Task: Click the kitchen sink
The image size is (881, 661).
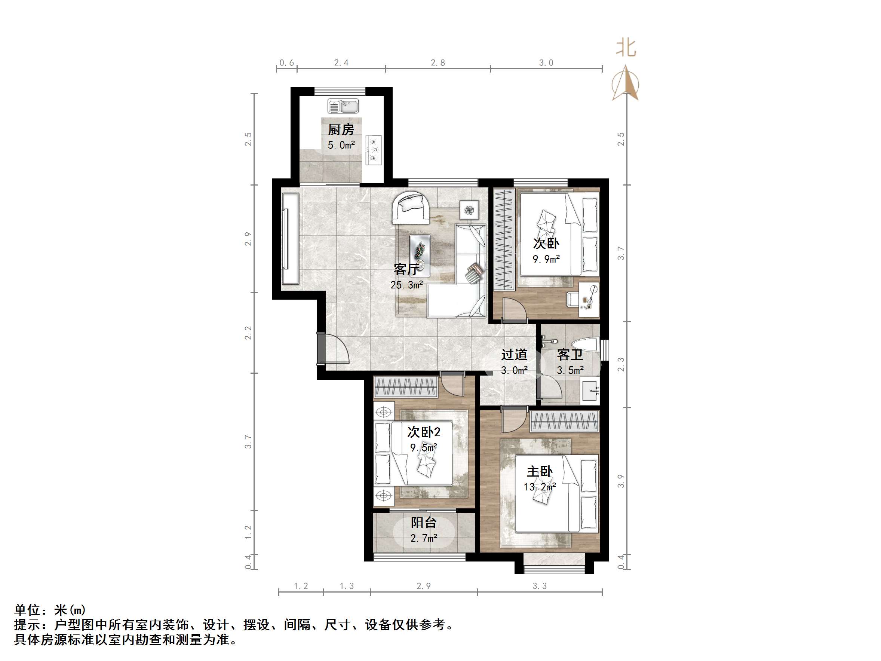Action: point(343,106)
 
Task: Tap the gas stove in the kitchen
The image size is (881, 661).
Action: point(374,150)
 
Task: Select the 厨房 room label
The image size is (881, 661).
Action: point(341,129)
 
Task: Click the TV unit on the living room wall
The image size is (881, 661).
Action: point(290,239)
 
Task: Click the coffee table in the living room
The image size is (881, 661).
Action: point(420,255)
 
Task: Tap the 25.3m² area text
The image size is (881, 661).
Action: point(406,285)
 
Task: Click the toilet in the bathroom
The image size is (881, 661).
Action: point(586,344)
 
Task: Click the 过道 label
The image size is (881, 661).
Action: point(514,354)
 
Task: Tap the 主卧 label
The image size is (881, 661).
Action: point(540,472)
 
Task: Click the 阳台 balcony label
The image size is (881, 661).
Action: point(424,522)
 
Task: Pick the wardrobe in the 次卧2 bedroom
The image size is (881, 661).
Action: point(405,386)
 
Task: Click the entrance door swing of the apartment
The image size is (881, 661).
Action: point(334,349)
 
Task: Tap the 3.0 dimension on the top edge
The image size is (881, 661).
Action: point(546,62)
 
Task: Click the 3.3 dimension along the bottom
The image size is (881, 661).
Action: point(540,586)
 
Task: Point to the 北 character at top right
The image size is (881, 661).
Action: point(626,48)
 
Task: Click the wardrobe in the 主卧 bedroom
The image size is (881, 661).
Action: point(564,421)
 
